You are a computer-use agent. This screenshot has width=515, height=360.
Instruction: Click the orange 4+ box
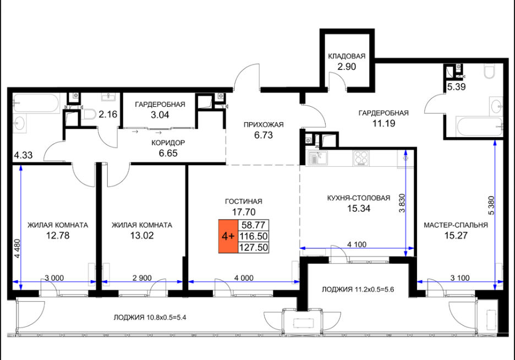(x=228, y=236)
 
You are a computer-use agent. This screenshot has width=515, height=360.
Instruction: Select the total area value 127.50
(x=253, y=247)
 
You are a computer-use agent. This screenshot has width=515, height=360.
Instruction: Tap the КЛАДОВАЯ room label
(x=347, y=56)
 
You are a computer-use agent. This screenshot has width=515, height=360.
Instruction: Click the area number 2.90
(x=347, y=67)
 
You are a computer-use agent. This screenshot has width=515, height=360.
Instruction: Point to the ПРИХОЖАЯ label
(x=264, y=125)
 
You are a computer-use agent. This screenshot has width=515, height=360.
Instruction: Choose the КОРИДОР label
(x=168, y=143)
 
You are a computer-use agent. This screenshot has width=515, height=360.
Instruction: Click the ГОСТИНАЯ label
(x=244, y=201)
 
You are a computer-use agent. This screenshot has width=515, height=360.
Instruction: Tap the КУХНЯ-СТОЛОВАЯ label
(x=359, y=198)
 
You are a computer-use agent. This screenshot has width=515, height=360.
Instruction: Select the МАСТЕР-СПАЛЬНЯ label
(x=456, y=225)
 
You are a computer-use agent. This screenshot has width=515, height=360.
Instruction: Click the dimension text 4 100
(x=357, y=244)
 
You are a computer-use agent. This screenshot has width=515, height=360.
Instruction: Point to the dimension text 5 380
(x=491, y=205)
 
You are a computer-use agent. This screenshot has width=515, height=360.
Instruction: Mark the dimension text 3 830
(x=402, y=203)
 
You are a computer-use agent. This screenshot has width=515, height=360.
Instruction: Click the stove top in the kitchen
(x=361, y=158)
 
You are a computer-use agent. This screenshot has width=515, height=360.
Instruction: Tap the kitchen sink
(x=316, y=158)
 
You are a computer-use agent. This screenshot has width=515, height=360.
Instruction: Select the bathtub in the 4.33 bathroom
(x=36, y=103)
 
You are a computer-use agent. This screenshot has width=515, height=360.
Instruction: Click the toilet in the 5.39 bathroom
(x=489, y=72)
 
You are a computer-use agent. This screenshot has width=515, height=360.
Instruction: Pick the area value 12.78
(x=58, y=236)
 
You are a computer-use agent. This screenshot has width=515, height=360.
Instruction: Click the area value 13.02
(x=142, y=236)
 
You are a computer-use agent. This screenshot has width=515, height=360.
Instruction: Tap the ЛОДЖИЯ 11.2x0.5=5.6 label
(x=358, y=290)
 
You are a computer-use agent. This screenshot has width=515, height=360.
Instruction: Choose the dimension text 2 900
(x=142, y=278)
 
